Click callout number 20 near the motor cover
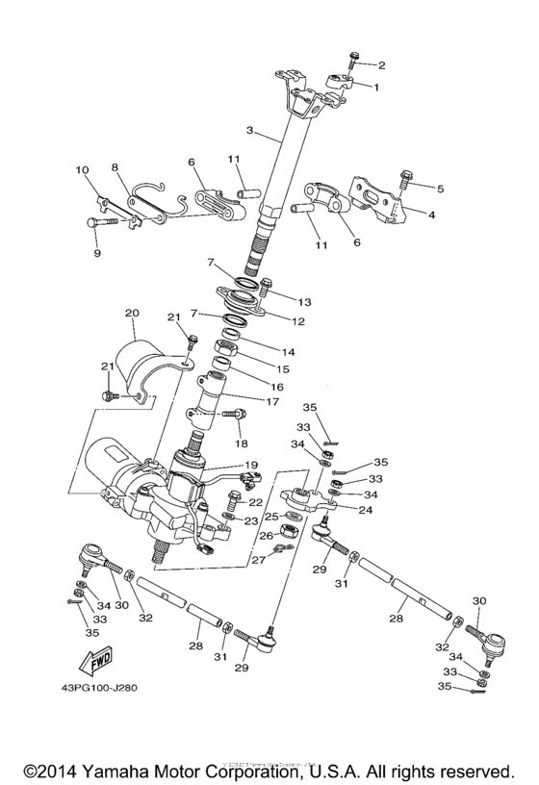[132, 313]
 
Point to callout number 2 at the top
[381, 65]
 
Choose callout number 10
[82, 170]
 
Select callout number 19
[252, 465]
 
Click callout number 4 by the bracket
[430, 215]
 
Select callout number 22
[256, 502]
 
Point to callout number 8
[115, 167]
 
